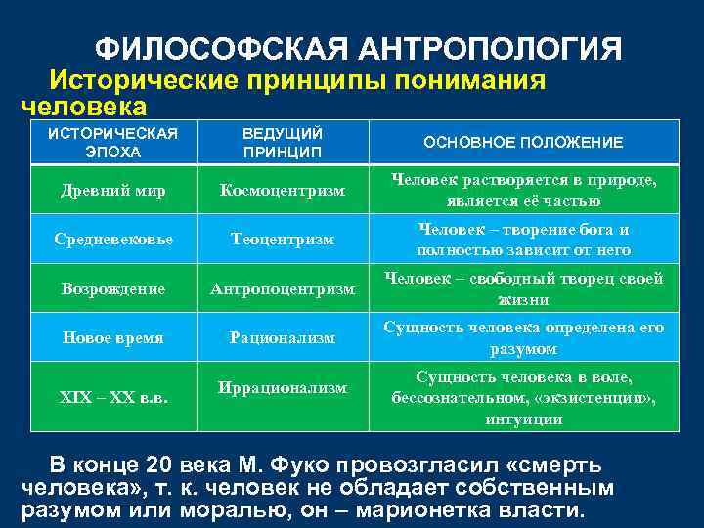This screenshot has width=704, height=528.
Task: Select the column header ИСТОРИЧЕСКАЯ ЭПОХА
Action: tap(113, 142)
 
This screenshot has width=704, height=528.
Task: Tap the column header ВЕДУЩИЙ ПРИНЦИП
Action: tap(283, 142)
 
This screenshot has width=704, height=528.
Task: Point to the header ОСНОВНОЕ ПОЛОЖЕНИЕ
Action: tap(523, 142)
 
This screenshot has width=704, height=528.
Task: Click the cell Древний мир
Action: tap(113, 190)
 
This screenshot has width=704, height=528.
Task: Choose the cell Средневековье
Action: tap(113, 239)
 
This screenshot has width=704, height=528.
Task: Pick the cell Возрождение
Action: tap(113, 288)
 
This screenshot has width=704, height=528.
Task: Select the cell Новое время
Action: tap(113, 337)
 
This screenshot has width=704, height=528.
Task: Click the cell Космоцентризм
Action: tap(283, 190)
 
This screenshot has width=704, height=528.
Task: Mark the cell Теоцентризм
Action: tap(283, 239)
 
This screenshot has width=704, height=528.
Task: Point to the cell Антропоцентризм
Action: tap(283, 288)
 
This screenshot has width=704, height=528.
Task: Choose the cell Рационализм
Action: tap(283, 337)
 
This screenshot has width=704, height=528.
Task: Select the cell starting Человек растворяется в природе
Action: tap(523, 190)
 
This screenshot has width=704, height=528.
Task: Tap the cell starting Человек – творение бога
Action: tap(523, 239)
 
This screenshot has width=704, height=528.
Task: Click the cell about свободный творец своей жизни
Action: tap(523, 288)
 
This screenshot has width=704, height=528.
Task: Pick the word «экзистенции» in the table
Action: tap(604, 398)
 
